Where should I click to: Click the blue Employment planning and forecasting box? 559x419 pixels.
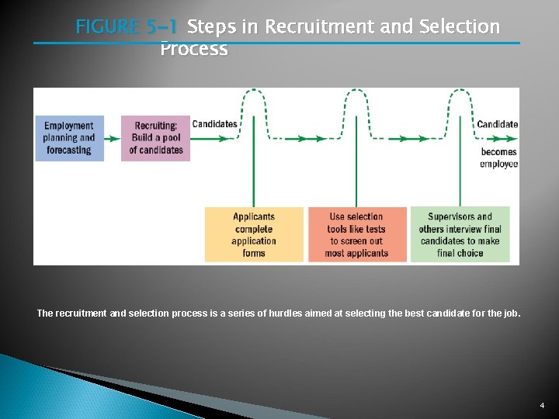(x=69, y=138)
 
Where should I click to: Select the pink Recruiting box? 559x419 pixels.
(x=155, y=138)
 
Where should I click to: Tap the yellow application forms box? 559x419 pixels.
(x=254, y=234)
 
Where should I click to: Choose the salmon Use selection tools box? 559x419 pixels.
(x=356, y=234)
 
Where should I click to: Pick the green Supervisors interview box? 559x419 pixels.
(x=460, y=234)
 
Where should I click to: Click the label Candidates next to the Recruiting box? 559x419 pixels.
(x=214, y=124)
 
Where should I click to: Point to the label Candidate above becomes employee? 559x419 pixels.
(x=497, y=124)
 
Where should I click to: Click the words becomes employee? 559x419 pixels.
(x=498, y=158)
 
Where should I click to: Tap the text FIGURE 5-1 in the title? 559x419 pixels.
(x=127, y=27)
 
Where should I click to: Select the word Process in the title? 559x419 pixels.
(x=193, y=49)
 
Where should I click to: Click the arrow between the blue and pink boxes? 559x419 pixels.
(x=112, y=139)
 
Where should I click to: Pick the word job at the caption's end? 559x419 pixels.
(x=512, y=313)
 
